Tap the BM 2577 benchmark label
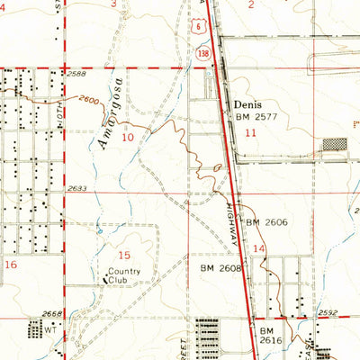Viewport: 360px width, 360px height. pyautogui.click(x=256, y=117)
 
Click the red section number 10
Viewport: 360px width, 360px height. pyautogui.click(x=128, y=137)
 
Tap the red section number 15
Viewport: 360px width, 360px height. pyautogui.click(x=125, y=256)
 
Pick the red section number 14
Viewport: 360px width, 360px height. pyautogui.click(x=259, y=248)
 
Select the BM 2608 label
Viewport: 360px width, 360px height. pyautogui.click(x=217, y=268)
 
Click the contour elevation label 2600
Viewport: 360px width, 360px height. pyautogui.click(x=91, y=101)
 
